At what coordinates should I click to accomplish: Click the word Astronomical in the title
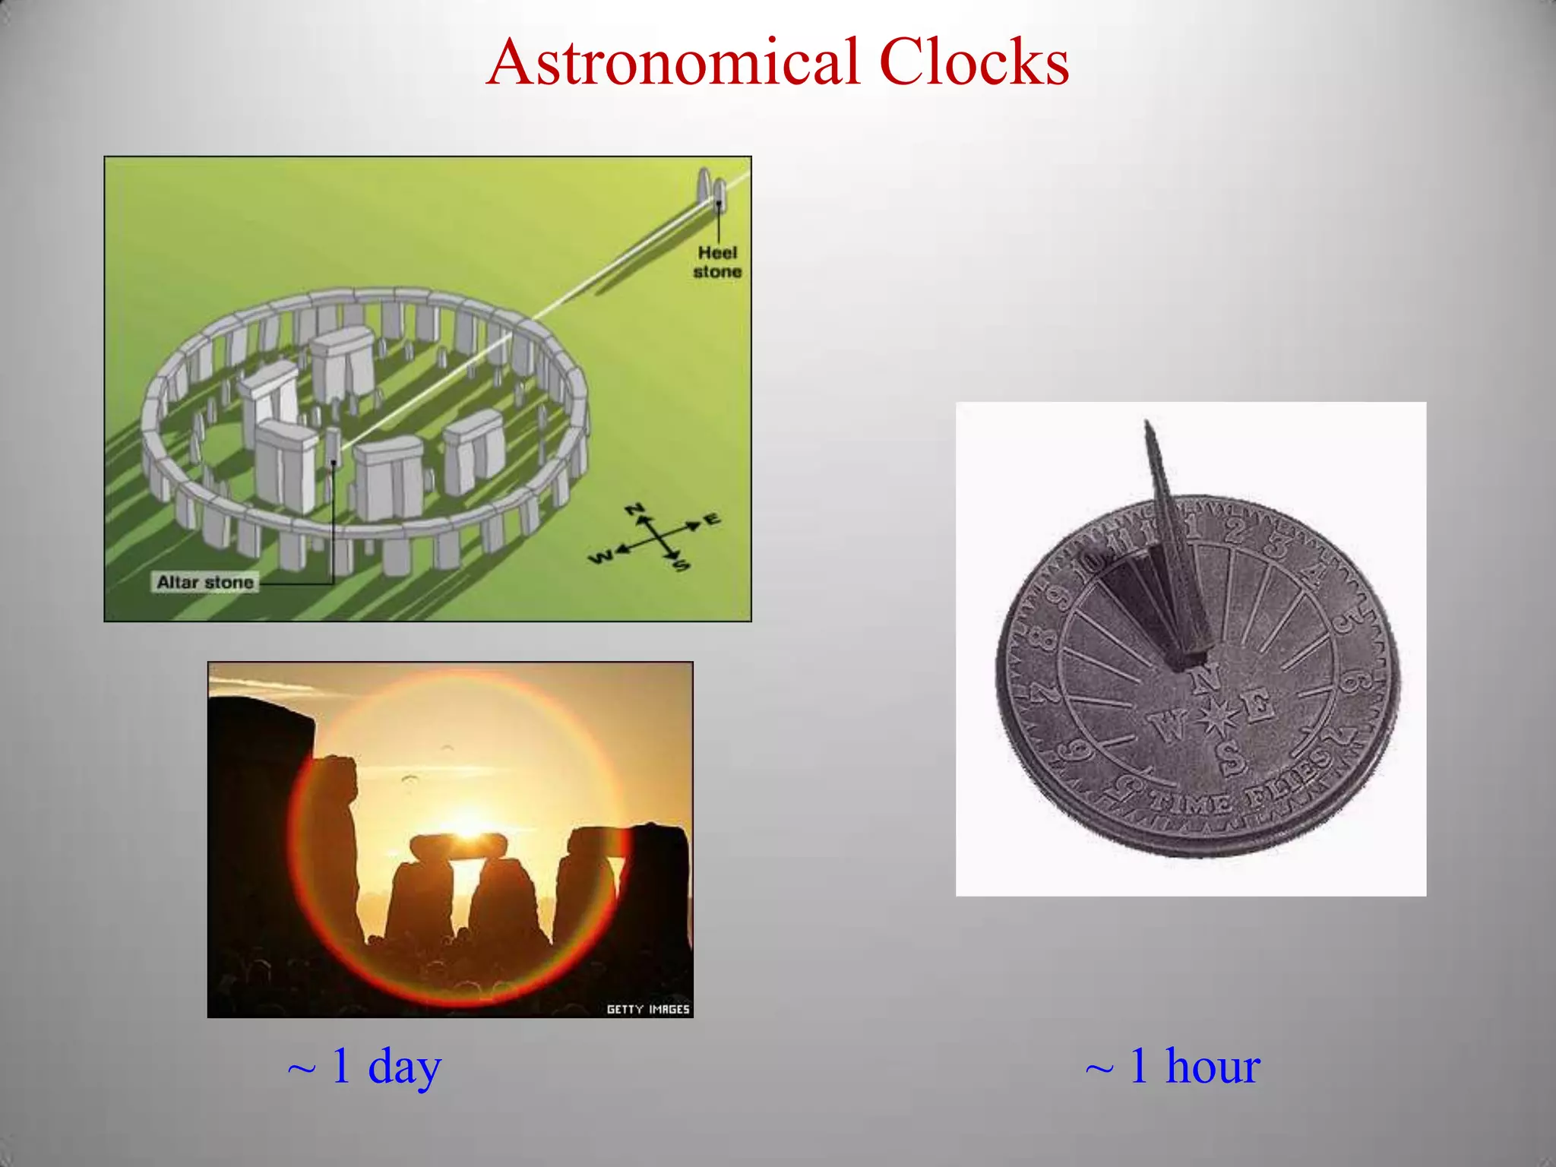click(673, 62)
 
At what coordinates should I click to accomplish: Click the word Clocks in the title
click(974, 62)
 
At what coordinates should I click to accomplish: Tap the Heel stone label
click(716, 262)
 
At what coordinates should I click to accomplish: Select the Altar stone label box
click(205, 583)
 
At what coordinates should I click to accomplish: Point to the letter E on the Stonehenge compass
click(712, 520)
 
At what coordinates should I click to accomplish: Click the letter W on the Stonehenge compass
click(599, 558)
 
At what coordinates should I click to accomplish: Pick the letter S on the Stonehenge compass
click(682, 565)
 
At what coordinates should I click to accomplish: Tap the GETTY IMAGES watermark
click(647, 1009)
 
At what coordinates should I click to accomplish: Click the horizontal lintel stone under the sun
click(458, 845)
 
